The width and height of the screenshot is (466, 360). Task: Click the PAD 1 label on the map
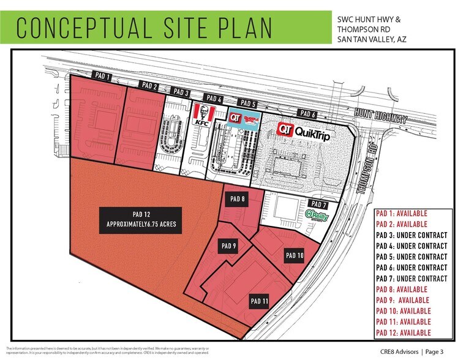[102, 77]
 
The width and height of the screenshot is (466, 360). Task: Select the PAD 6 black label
[308, 113]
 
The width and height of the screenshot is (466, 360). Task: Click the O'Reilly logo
[317, 215]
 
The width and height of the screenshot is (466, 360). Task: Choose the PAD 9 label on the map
[228, 246]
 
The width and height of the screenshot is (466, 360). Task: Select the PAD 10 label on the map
[295, 255]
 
